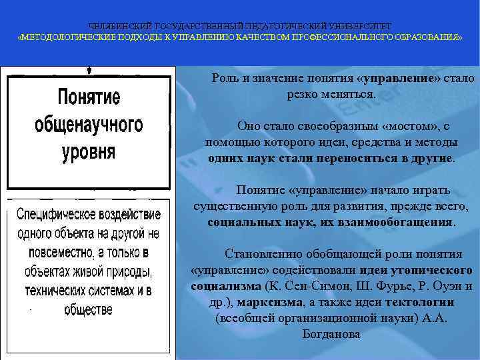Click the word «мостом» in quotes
[409, 125]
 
